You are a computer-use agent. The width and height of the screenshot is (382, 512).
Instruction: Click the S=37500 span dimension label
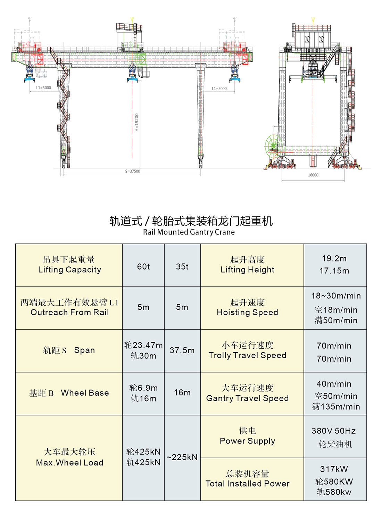[133, 171]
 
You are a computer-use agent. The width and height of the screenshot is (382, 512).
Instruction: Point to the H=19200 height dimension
[137, 122]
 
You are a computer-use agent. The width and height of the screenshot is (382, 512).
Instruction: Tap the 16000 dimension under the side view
[313, 175]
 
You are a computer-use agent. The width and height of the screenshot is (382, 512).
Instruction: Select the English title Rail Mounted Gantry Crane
[189, 232]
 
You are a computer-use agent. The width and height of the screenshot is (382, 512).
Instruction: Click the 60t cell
[143, 266]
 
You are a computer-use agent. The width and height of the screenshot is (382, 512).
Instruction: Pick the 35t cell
[182, 266]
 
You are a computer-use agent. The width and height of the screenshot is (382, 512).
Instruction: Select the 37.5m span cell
[182, 350]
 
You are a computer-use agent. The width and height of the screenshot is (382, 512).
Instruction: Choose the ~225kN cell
[182, 457]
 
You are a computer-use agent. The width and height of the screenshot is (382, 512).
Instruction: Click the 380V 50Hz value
[334, 431]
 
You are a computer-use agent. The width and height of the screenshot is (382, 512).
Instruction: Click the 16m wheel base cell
[182, 393]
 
